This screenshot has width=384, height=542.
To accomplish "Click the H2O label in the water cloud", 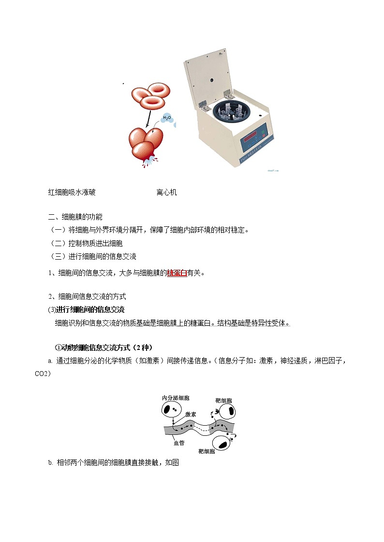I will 167,117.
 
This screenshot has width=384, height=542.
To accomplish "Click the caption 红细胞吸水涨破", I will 72,193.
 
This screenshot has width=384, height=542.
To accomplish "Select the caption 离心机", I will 167,193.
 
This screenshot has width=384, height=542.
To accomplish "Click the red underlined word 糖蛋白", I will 177,273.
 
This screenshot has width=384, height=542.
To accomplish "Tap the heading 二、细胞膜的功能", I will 75,217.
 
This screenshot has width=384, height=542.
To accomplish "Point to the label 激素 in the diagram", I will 190,414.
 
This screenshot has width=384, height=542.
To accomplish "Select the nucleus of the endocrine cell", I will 167,410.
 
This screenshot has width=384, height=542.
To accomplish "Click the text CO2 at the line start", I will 42,374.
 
